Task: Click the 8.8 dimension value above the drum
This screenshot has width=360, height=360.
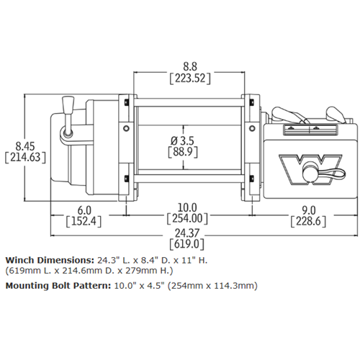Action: (190, 66)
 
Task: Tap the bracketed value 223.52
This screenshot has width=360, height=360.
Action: (190, 78)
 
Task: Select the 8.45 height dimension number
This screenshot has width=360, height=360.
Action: (25, 146)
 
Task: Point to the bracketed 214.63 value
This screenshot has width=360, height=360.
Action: (25, 158)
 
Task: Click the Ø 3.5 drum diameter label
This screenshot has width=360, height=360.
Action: (183, 140)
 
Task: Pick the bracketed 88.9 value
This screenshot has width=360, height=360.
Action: (183, 152)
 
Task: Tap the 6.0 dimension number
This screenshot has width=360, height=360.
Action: (84, 210)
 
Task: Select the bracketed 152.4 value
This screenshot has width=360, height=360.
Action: (84, 221)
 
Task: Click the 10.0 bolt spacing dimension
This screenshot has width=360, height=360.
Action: (187, 207)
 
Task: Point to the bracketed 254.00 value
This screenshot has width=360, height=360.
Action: (187, 219)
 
